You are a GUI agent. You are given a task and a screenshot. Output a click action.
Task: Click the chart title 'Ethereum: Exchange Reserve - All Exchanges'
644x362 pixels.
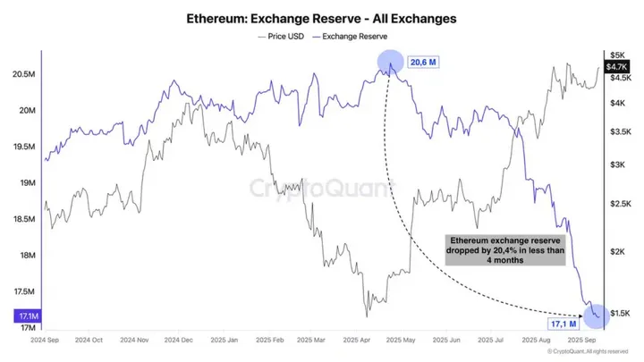tap(321, 17)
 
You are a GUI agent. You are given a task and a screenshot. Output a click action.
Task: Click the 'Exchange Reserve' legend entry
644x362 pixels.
tap(354, 37)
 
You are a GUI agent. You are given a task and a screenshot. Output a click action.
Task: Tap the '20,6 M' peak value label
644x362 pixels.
tap(424, 63)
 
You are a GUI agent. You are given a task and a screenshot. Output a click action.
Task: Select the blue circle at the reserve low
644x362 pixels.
tap(595, 314)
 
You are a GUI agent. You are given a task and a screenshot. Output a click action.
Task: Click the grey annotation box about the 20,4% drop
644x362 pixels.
tap(504, 249)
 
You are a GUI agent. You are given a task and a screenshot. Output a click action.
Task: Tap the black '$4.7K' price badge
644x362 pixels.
tap(616, 67)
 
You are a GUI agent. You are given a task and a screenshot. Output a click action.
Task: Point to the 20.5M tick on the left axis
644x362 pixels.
tap(23, 74)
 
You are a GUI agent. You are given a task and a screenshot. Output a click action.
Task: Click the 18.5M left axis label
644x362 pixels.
tap(23, 219)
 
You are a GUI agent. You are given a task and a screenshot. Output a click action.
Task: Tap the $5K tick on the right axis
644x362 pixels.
tap(618, 55)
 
